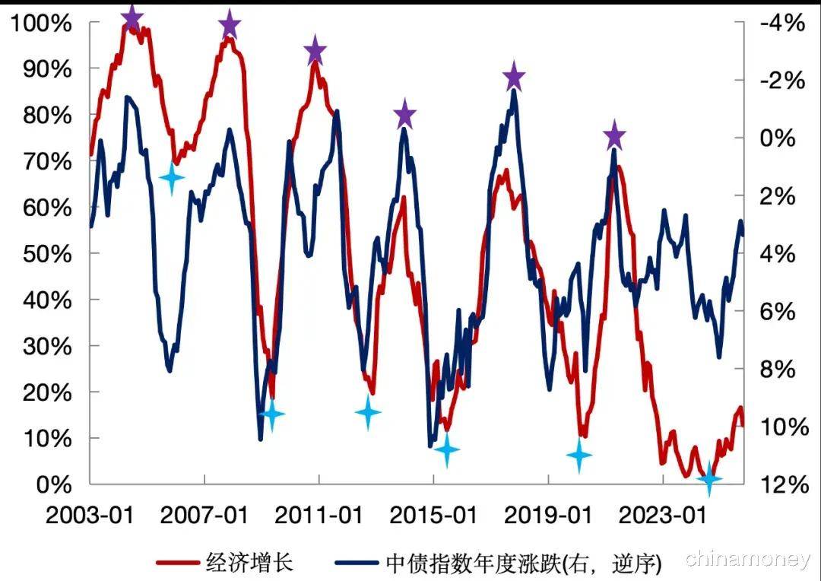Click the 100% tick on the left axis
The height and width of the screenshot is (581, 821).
(41, 23)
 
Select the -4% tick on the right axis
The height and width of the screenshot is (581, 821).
(778, 23)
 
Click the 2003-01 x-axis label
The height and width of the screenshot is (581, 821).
(90, 516)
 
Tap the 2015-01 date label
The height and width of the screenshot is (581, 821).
(433, 516)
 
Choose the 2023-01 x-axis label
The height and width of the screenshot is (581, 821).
(662, 516)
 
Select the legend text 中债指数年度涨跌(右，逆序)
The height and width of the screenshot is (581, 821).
(525, 563)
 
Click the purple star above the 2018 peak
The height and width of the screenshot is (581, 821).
(515, 76)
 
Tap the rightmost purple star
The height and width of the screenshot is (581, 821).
(614, 137)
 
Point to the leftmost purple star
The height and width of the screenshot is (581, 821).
(132, 17)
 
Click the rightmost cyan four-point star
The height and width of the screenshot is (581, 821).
(709, 478)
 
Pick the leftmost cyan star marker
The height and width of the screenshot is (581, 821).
(172, 179)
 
